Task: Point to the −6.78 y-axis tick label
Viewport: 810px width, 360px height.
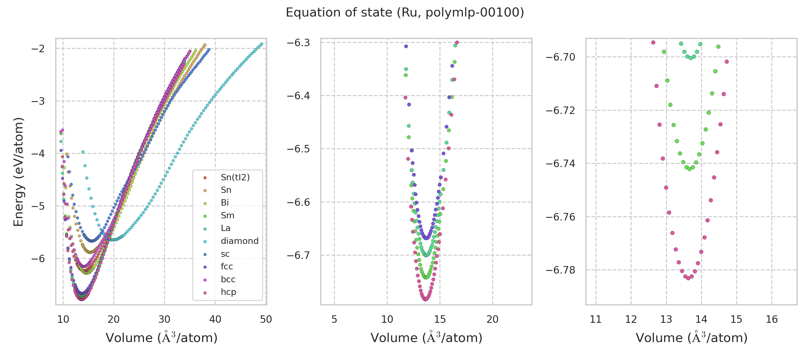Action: (560, 270)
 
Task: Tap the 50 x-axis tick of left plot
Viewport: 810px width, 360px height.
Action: (266, 319)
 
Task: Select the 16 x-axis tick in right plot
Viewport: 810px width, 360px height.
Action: (772, 319)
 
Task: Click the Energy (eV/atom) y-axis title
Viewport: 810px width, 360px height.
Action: (18, 172)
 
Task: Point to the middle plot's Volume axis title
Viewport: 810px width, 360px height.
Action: (426, 338)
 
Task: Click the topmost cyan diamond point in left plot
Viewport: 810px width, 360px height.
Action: (262, 44)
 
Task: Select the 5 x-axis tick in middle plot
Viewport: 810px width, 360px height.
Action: (334, 319)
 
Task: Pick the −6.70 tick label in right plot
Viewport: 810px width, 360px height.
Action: (560, 57)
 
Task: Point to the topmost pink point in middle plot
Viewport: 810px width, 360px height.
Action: (457, 42)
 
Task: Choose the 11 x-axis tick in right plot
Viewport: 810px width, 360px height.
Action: (595, 319)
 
